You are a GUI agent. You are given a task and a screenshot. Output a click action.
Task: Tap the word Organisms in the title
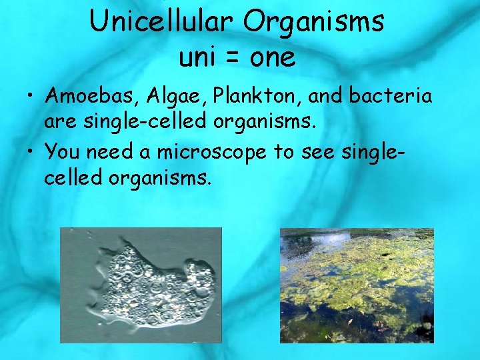[x=313, y=23]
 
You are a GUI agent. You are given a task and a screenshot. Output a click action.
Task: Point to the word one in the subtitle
[x=273, y=59]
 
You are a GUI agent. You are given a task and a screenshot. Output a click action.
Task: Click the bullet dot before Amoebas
[x=28, y=97]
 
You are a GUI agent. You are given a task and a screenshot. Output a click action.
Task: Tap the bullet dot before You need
[x=28, y=152]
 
